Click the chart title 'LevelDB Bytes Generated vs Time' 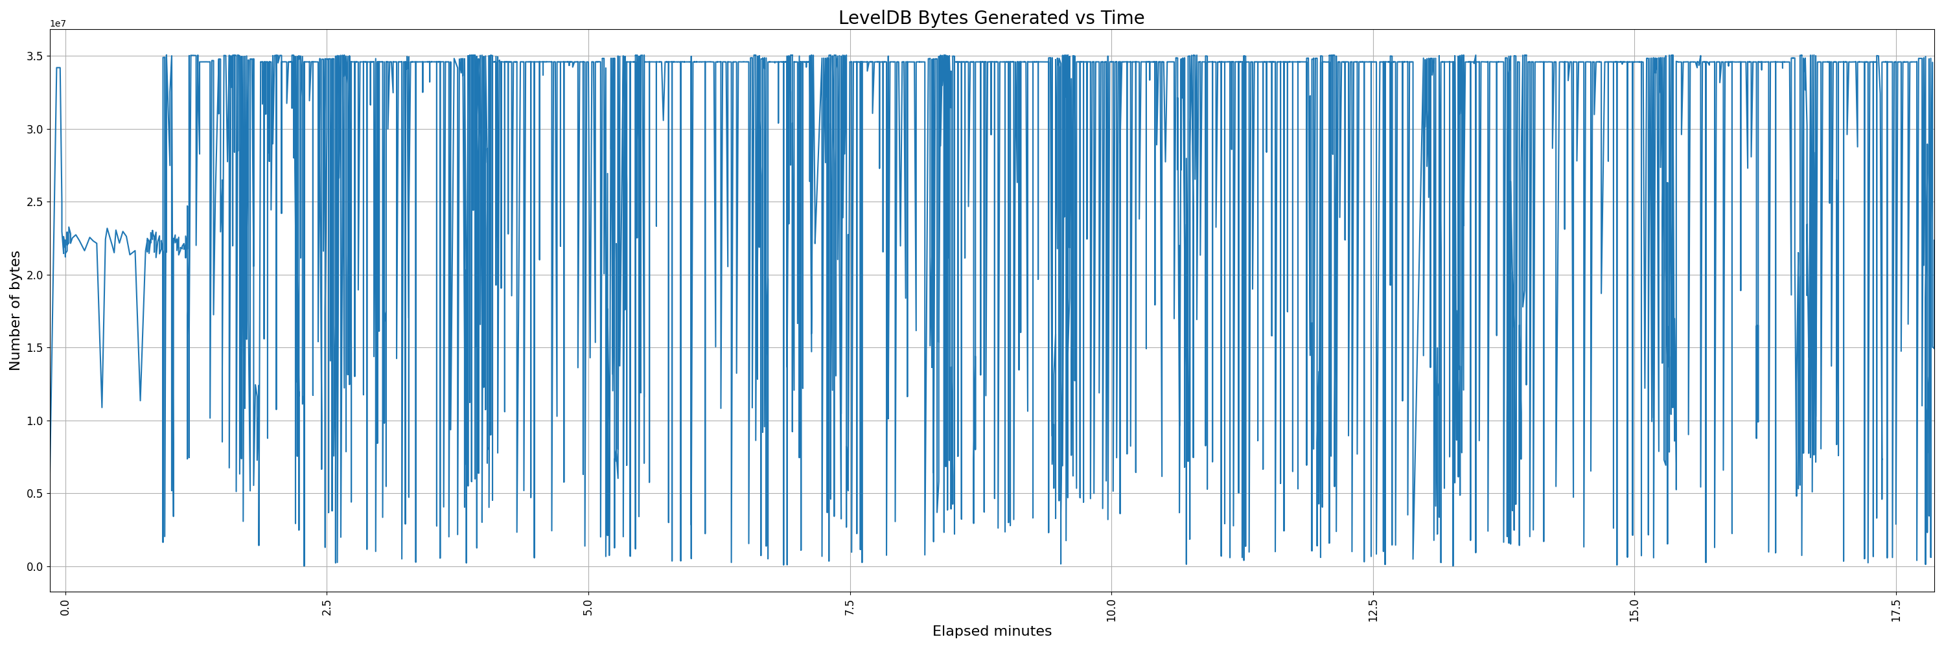click(991, 17)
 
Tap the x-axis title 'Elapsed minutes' click(991, 631)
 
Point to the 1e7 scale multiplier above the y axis click(58, 24)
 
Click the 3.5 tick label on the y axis click(36, 56)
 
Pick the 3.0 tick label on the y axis click(36, 130)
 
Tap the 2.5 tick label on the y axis click(36, 202)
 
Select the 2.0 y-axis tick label click(36, 275)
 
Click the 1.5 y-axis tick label click(36, 348)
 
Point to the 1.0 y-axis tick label click(36, 421)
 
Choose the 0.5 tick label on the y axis click(36, 494)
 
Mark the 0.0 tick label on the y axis click(36, 566)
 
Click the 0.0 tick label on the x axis click(65, 607)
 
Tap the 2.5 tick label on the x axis click(327, 607)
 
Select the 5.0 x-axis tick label click(588, 607)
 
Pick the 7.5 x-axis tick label click(850, 607)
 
